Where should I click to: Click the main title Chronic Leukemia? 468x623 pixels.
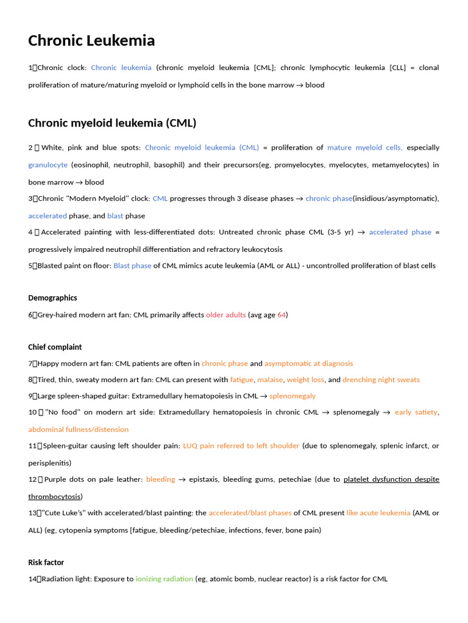[x=91, y=41]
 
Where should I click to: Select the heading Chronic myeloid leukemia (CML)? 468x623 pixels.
[x=112, y=123]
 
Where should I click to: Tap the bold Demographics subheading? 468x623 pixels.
[x=52, y=298]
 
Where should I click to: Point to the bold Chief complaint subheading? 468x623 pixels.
[x=55, y=347]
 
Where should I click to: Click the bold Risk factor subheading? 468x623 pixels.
[x=46, y=562]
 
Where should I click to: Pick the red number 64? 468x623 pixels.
[x=282, y=315]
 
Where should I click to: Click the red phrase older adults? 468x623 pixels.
[x=226, y=315]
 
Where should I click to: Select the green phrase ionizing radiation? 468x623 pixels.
[x=164, y=579]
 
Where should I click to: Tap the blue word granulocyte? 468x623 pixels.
[x=48, y=165]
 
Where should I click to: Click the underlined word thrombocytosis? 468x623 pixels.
[x=55, y=496]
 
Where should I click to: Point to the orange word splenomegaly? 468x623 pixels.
[x=292, y=395]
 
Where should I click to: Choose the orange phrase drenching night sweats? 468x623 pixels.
[x=381, y=380]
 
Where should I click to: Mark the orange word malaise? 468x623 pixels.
[x=270, y=380]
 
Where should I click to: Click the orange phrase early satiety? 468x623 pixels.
[x=416, y=412]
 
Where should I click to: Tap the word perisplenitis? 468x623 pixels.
[x=49, y=462]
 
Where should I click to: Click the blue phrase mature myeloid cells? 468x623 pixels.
[x=364, y=147]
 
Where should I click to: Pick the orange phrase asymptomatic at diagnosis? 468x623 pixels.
[x=308, y=363]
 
